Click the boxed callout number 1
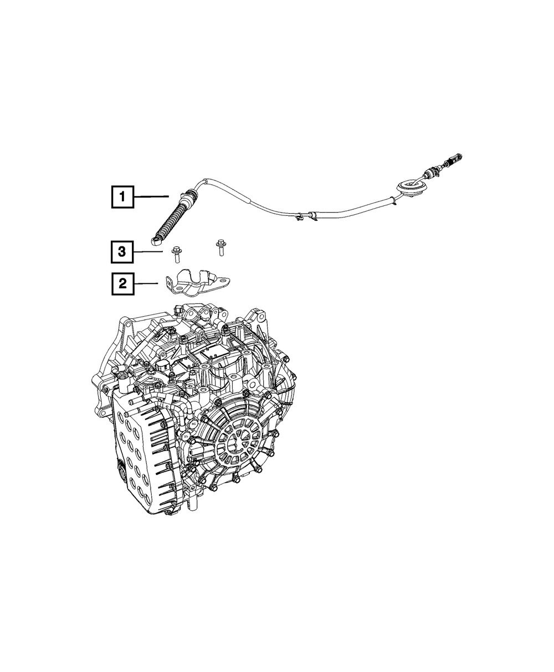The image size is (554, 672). (122, 197)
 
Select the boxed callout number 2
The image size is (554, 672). (122, 284)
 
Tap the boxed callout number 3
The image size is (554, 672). (122, 252)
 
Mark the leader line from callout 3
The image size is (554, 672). (148, 252)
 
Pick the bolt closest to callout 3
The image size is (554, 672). (176, 255)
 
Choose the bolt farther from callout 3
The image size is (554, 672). (219, 247)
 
